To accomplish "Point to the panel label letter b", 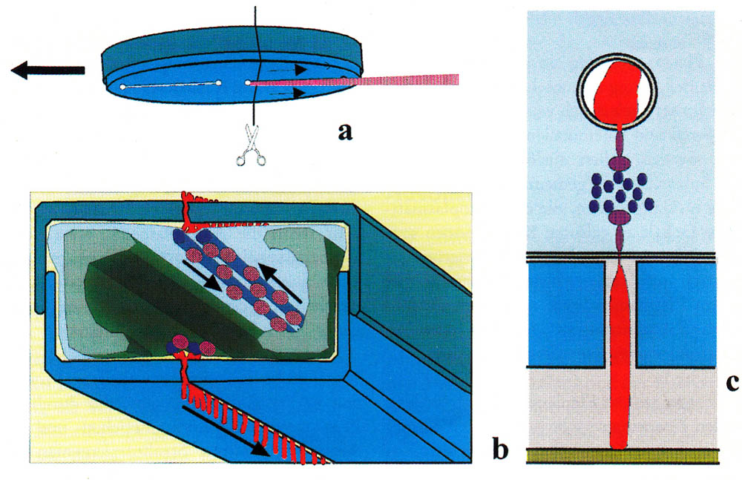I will click(501, 447).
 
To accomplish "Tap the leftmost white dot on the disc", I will click(122, 88).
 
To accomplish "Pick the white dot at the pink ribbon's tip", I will click(249, 83).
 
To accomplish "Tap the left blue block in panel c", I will click(565, 315).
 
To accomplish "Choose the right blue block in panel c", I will click(676, 315).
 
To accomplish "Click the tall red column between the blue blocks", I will click(620, 356).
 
